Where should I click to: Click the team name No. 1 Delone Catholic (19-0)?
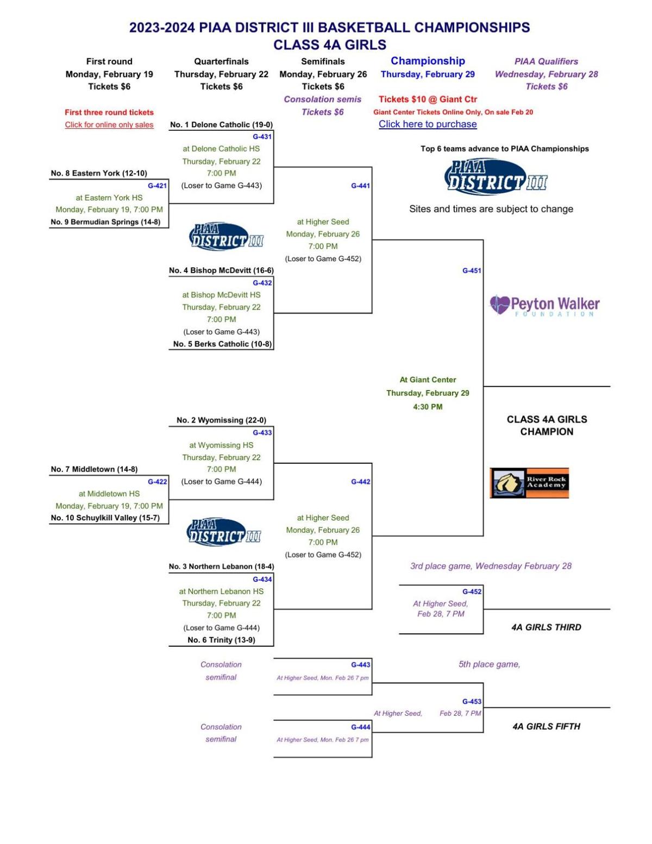tap(221, 125)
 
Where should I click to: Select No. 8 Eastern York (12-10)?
tap(99, 173)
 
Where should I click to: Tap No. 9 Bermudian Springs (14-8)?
tap(105, 222)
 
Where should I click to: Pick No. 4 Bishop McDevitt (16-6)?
tap(221, 270)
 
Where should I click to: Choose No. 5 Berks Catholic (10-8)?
tap(222, 344)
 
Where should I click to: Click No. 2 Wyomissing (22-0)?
tap(221, 420)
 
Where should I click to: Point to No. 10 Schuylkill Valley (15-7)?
tap(105, 518)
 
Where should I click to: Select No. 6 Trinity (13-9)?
tap(221, 640)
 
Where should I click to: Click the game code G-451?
tap(471, 270)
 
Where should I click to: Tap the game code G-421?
tap(157, 186)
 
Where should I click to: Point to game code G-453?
tap(471, 702)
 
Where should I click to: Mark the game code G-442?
tap(360, 482)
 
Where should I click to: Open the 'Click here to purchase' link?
tap(428, 124)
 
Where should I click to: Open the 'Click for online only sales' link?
tap(109, 125)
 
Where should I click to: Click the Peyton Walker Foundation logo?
tap(544, 305)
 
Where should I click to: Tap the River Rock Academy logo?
tap(529, 483)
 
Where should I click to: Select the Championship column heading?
tap(428, 61)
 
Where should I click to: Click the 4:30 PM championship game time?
tap(428, 407)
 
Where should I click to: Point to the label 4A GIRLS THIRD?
tap(546, 627)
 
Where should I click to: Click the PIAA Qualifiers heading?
tap(546, 62)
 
